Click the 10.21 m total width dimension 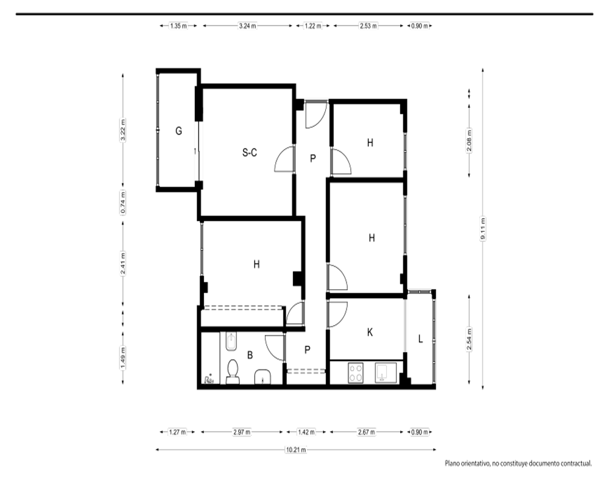click(296, 450)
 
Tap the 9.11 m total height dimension click(483, 229)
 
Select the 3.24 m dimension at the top click(247, 26)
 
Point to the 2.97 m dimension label click(242, 432)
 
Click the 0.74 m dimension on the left click(123, 202)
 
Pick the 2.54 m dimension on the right click(469, 340)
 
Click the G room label click(178, 131)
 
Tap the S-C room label click(249, 153)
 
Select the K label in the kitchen click(370, 332)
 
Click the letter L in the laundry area click(420, 339)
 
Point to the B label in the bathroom click(250, 355)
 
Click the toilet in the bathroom click(233, 372)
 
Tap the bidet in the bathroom click(231, 341)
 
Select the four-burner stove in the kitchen click(356, 373)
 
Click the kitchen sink click(385, 373)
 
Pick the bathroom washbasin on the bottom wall click(263, 377)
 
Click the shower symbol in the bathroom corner click(209, 379)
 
